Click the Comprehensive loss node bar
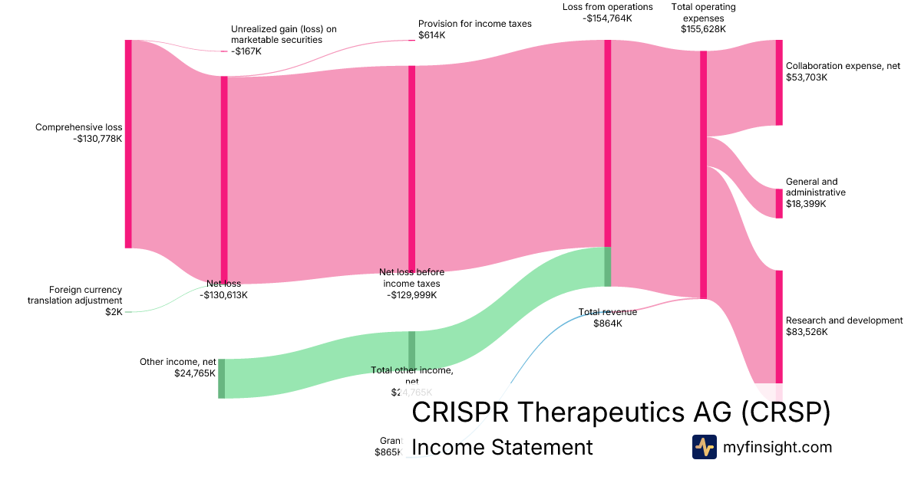point(129,144)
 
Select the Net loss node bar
point(224,180)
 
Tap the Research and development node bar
point(778,326)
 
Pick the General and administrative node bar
point(778,203)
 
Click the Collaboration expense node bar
point(778,83)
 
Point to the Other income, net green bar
point(222,378)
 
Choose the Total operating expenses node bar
point(703,175)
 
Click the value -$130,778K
point(98,139)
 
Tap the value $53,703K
point(807,77)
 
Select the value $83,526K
point(807,332)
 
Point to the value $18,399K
point(807,204)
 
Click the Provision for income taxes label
point(474,24)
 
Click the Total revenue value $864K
point(608,324)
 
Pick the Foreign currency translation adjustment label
point(75,295)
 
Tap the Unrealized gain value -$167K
point(246,51)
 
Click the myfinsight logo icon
point(704,447)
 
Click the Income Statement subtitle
point(502,447)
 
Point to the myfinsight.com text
point(777,447)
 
